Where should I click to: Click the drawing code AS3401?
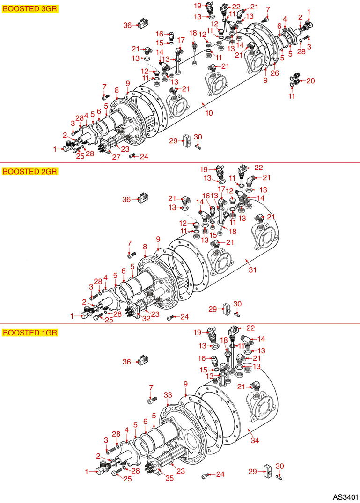point(345,496)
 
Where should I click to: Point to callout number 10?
point(209,113)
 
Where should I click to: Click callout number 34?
point(254,441)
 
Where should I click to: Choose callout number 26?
point(275,73)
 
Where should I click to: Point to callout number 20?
point(310,81)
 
